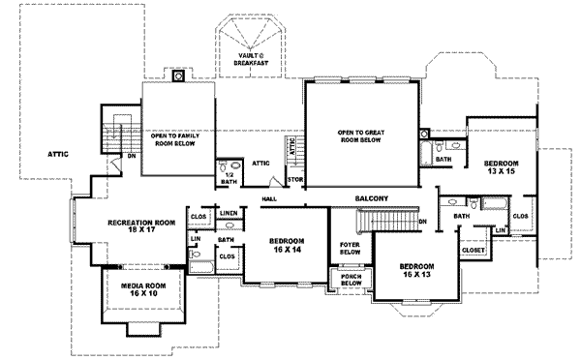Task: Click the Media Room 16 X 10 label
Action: [x=143, y=289]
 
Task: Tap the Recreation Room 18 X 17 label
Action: [x=141, y=225]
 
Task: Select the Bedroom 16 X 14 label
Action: [x=287, y=245]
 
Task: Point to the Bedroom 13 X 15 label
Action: [x=502, y=167]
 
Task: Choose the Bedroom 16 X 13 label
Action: [x=416, y=270]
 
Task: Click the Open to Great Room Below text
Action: [x=361, y=135]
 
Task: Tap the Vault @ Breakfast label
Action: [x=251, y=59]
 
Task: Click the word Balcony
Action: [x=372, y=198]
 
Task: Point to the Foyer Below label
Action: [x=351, y=249]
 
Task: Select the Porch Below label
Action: [x=352, y=280]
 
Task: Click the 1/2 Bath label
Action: [x=229, y=178]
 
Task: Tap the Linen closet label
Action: [x=229, y=213]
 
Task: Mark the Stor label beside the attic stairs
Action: [x=295, y=180]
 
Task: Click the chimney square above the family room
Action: [x=178, y=75]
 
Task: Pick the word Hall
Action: [x=269, y=199]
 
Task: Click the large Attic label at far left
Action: [x=58, y=154]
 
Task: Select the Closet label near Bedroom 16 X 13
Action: [x=474, y=251]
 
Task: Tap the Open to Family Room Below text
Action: [x=175, y=139]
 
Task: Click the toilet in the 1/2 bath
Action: [x=223, y=165]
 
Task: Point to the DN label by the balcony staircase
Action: [x=423, y=222]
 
